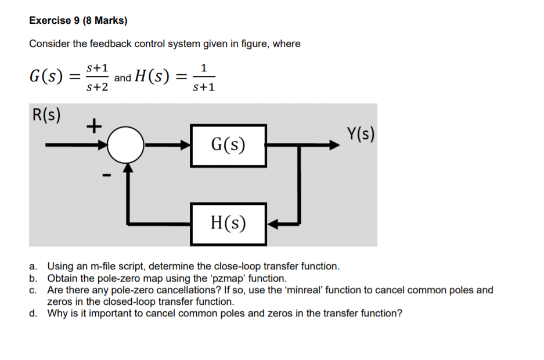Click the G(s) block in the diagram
(229, 145)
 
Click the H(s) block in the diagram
(229, 223)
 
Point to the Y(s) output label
(360, 134)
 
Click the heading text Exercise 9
(55, 21)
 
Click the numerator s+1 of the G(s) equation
(97, 68)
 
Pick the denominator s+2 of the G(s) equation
(97, 87)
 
